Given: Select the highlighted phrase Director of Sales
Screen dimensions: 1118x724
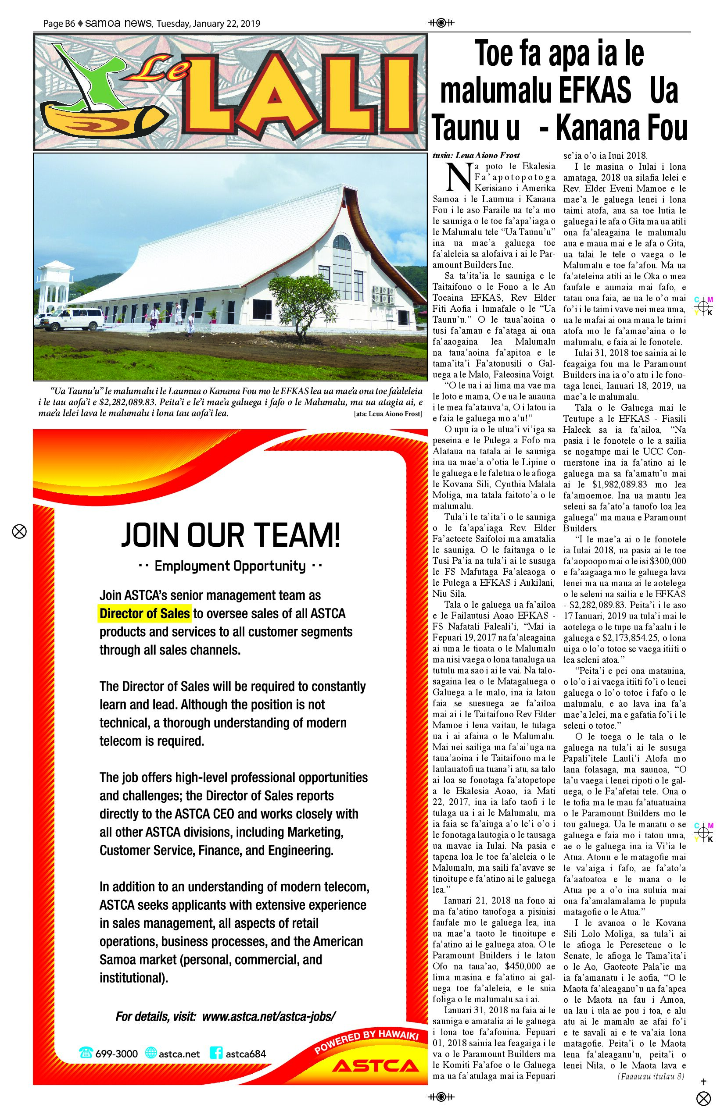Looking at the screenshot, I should (x=145, y=613).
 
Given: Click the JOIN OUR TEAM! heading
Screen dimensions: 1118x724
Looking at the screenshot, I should (x=230, y=535).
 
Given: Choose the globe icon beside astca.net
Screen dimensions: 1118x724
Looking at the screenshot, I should (x=151, y=1054).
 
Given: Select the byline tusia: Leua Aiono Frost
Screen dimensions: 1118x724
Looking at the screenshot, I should (x=476, y=156).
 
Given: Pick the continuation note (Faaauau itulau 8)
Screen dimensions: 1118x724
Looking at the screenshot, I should (x=651, y=1076).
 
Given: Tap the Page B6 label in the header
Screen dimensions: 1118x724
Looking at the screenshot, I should (x=59, y=24).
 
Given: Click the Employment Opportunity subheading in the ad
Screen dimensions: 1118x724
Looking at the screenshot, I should (x=230, y=566).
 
